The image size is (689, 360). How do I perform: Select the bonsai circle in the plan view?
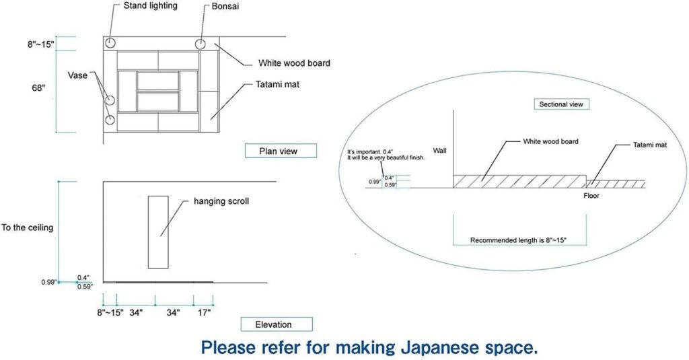point(201,44)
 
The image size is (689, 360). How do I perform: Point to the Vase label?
point(77,75)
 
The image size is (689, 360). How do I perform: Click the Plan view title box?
point(279,151)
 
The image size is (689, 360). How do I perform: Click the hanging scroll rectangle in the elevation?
point(158,232)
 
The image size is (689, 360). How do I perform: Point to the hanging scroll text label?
point(221,201)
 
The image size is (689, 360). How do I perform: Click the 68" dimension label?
point(39,88)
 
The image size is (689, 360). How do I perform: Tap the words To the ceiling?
point(27,227)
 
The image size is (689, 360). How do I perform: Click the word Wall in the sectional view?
point(439,150)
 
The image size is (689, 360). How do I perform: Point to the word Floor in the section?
point(591,196)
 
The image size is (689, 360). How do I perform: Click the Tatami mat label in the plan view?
point(277,84)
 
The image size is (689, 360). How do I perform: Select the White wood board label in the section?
point(550,142)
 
